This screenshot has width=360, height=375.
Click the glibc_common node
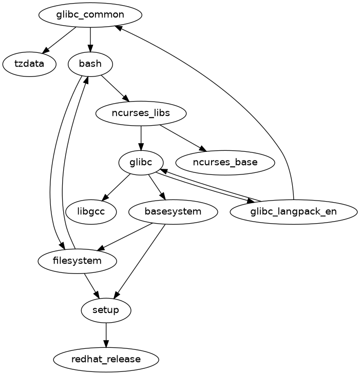[90, 14]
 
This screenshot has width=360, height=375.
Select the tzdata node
[29, 64]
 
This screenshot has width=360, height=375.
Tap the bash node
[90, 64]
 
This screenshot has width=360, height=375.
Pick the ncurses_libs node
[141, 113]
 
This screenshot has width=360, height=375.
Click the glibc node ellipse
[141, 163]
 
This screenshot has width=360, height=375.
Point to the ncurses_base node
[225, 163]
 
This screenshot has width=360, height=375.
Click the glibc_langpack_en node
[293, 211]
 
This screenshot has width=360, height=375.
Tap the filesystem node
[77, 261]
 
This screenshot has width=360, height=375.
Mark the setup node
[106, 310]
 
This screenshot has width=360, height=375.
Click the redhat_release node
[106, 359]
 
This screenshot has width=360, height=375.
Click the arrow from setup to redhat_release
[106, 335]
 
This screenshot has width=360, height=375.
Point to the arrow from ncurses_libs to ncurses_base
[183, 138]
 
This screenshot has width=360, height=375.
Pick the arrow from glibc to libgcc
[116, 187]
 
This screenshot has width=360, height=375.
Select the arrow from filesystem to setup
[91, 285]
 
